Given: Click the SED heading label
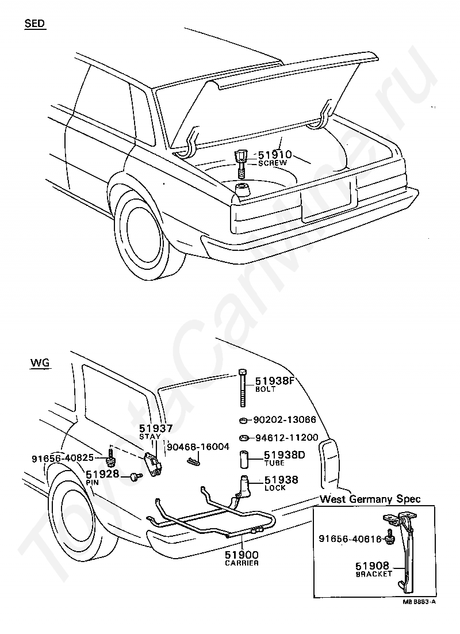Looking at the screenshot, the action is tap(34, 23).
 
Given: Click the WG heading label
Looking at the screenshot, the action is tap(40, 362).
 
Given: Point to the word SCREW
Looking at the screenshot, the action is tap(273, 163).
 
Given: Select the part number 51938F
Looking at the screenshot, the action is tap(274, 381).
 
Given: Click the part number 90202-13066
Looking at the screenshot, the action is tap(285, 420).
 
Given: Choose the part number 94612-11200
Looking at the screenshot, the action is tap(286, 437).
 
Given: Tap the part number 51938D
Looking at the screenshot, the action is tap(285, 455).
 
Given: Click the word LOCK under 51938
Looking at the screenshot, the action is tap(275, 488).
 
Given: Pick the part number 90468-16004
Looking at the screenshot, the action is tap(198, 446).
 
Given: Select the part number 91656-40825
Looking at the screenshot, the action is tap(63, 458).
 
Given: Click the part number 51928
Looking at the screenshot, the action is tap(102, 473).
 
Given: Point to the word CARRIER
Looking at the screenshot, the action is tap(241, 563).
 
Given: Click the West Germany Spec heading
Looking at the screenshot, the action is tap(370, 499).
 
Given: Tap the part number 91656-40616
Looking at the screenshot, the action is tap(350, 538).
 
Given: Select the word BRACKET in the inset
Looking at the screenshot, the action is tap(374, 574).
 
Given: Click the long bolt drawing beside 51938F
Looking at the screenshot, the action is tap(242, 388).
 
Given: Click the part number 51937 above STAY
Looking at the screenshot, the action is tap(156, 428).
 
